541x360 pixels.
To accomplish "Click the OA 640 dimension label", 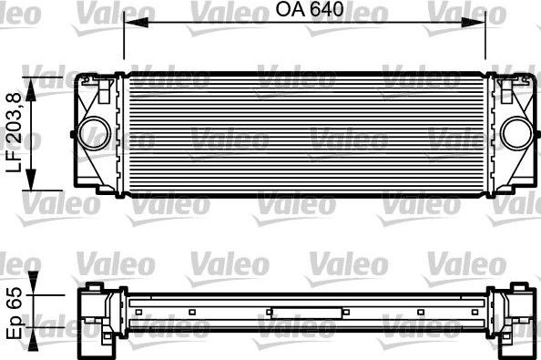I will click(x=304, y=11).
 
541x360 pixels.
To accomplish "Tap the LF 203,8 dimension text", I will click(x=14, y=133).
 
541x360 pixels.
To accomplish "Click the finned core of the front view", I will click(x=305, y=132).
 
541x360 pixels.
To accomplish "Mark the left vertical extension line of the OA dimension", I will click(x=123, y=46).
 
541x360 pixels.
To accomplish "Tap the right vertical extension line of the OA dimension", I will click(x=486, y=46).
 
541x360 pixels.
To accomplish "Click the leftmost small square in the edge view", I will click(x=138, y=312).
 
